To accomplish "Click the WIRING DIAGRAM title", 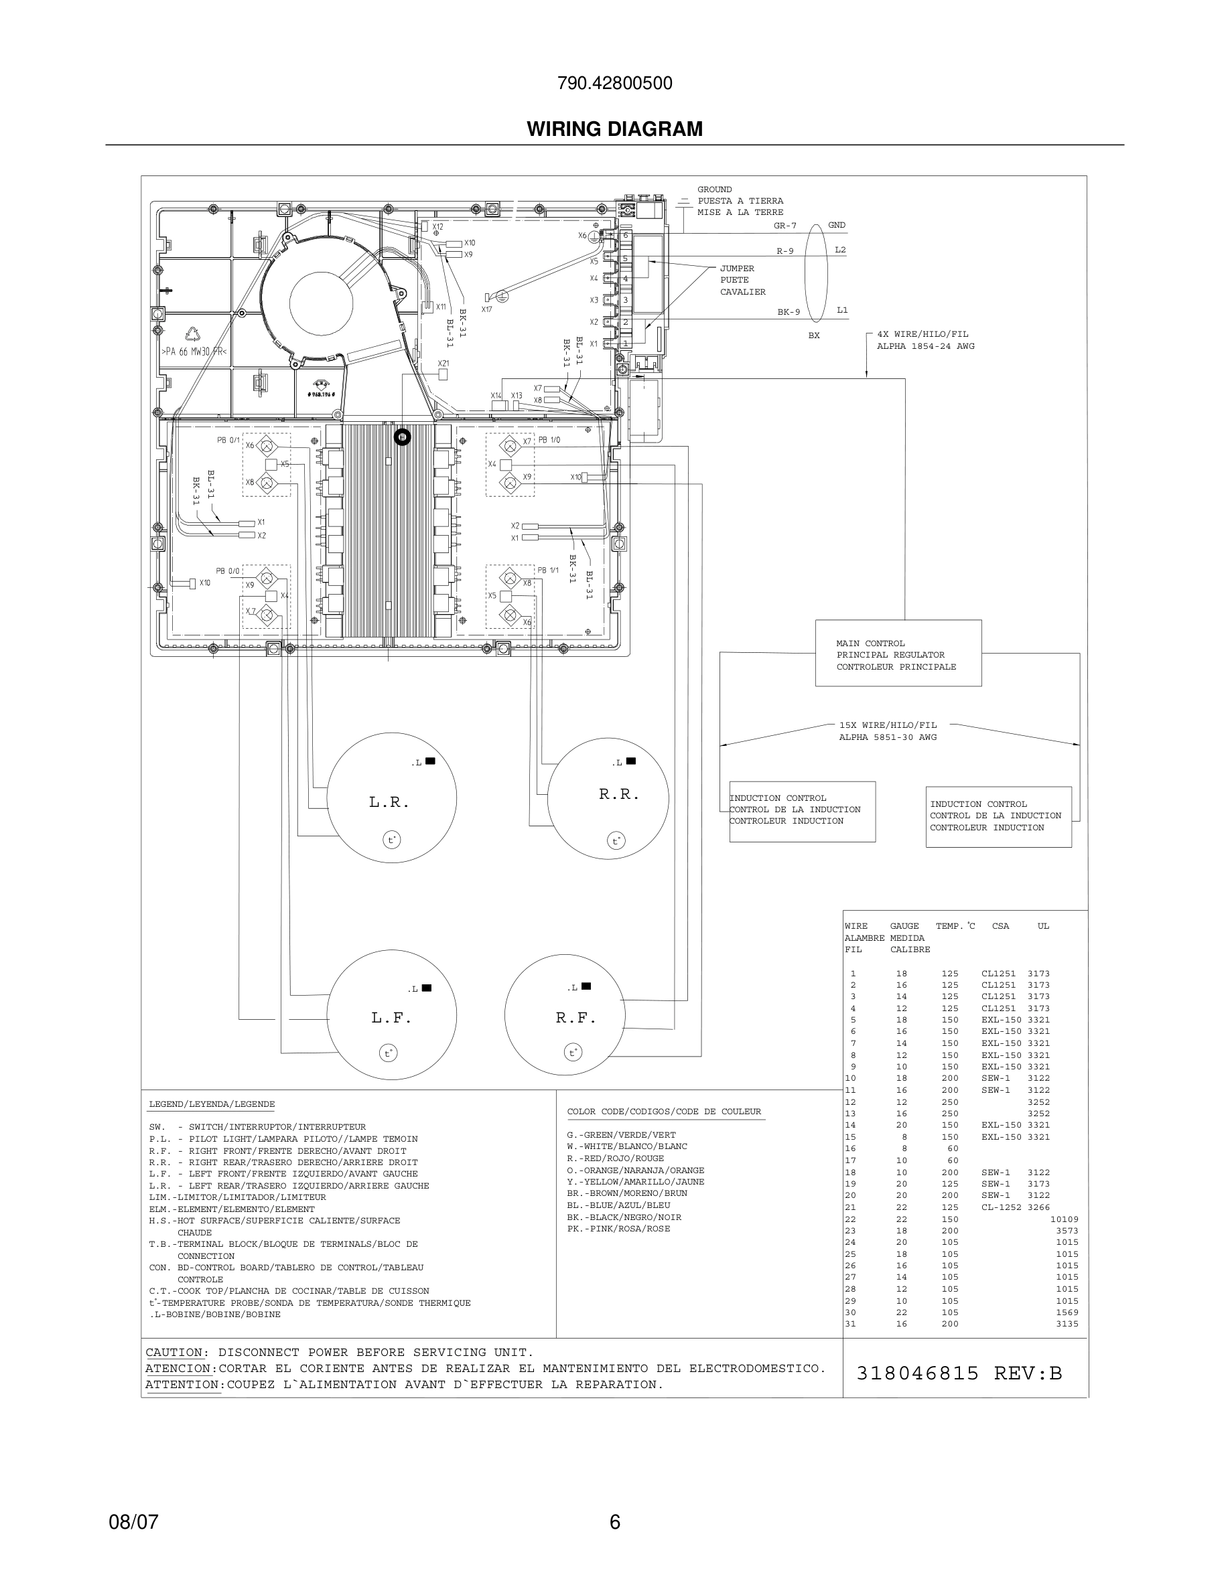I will tap(614, 129).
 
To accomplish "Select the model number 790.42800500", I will tap(614, 83).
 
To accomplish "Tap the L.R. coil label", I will tap(389, 803).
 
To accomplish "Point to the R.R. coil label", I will tap(618, 794).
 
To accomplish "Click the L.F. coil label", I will tap(391, 1018).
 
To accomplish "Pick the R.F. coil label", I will tap(575, 1018).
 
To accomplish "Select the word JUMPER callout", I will tap(737, 269).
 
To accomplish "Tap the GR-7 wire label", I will tap(784, 226).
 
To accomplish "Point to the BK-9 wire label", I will tap(789, 312).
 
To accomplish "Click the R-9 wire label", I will tap(784, 251).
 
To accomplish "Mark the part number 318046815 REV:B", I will tap(959, 1373).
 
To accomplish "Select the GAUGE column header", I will tap(904, 927).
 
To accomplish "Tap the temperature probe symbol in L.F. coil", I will tap(389, 1053).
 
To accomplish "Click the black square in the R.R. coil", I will tap(631, 761).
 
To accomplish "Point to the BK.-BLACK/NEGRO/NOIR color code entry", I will tap(624, 1217).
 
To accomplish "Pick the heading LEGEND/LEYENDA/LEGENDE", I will tap(211, 1104).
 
